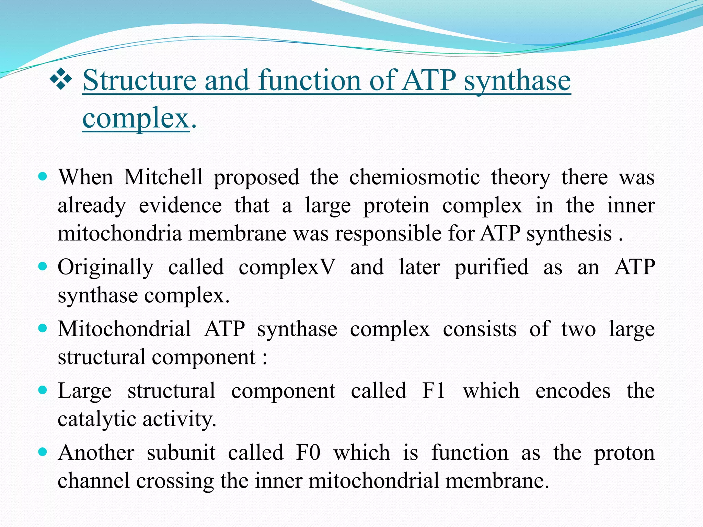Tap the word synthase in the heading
click(x=517, y=81)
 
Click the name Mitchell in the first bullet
click(x=163, y=177)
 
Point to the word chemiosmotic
click(x=414, y=177)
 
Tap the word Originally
click(x=105, y=268)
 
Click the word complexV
click(x=286, y=267)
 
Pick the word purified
click(x=491, y=268)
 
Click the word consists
click(x=480, y=329)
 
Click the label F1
click(x=434, y=391)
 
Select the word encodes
click(x=573, y=391)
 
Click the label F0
click(x=308, y=453)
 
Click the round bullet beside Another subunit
click(x=43, y=452)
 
